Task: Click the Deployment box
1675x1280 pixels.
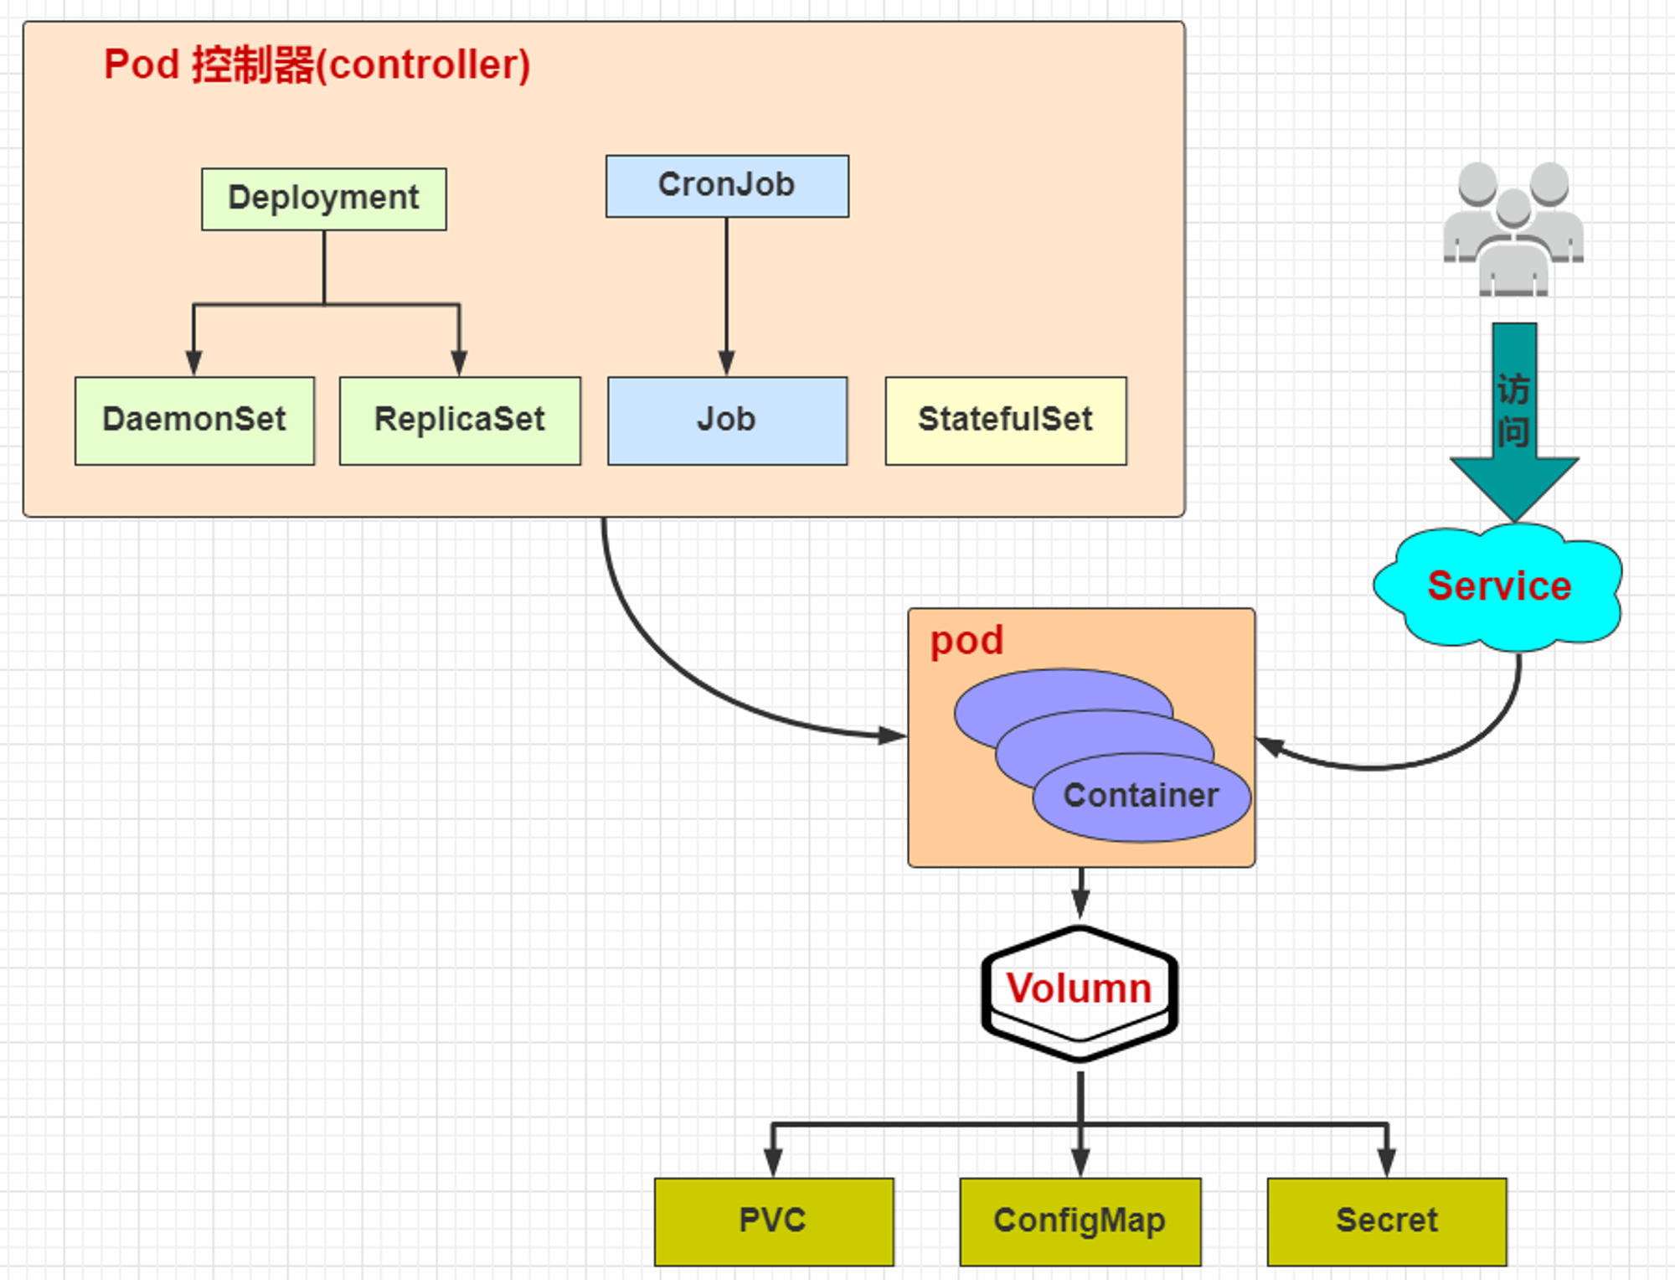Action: pos(324,199)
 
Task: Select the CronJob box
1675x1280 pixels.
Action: pos(727,186)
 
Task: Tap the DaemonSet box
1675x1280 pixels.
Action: pos(194,421)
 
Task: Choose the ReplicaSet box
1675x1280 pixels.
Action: pos(460,421)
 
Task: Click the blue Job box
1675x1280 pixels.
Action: pos(727,421)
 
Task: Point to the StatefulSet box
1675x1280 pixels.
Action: pos(1006,421)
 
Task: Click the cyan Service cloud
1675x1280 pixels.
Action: pos(1498,586)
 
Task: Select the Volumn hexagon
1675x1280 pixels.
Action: pos(1080,994)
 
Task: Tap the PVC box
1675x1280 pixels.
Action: pos(774,1221)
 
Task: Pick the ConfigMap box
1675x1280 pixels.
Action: pos(1080,1221)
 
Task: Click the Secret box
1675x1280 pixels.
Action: pos(1387,1221)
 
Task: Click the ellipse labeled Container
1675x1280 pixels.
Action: pos(1142,797)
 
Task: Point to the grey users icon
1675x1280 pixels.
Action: pos(1513,229)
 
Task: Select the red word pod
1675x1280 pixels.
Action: pos(966,642)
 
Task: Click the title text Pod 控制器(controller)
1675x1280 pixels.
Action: pos(317,65)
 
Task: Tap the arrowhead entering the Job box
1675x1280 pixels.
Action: pos(727,364)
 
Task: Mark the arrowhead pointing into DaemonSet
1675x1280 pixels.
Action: pos(193,364)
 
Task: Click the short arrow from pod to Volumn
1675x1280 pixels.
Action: pos(1081,893)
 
